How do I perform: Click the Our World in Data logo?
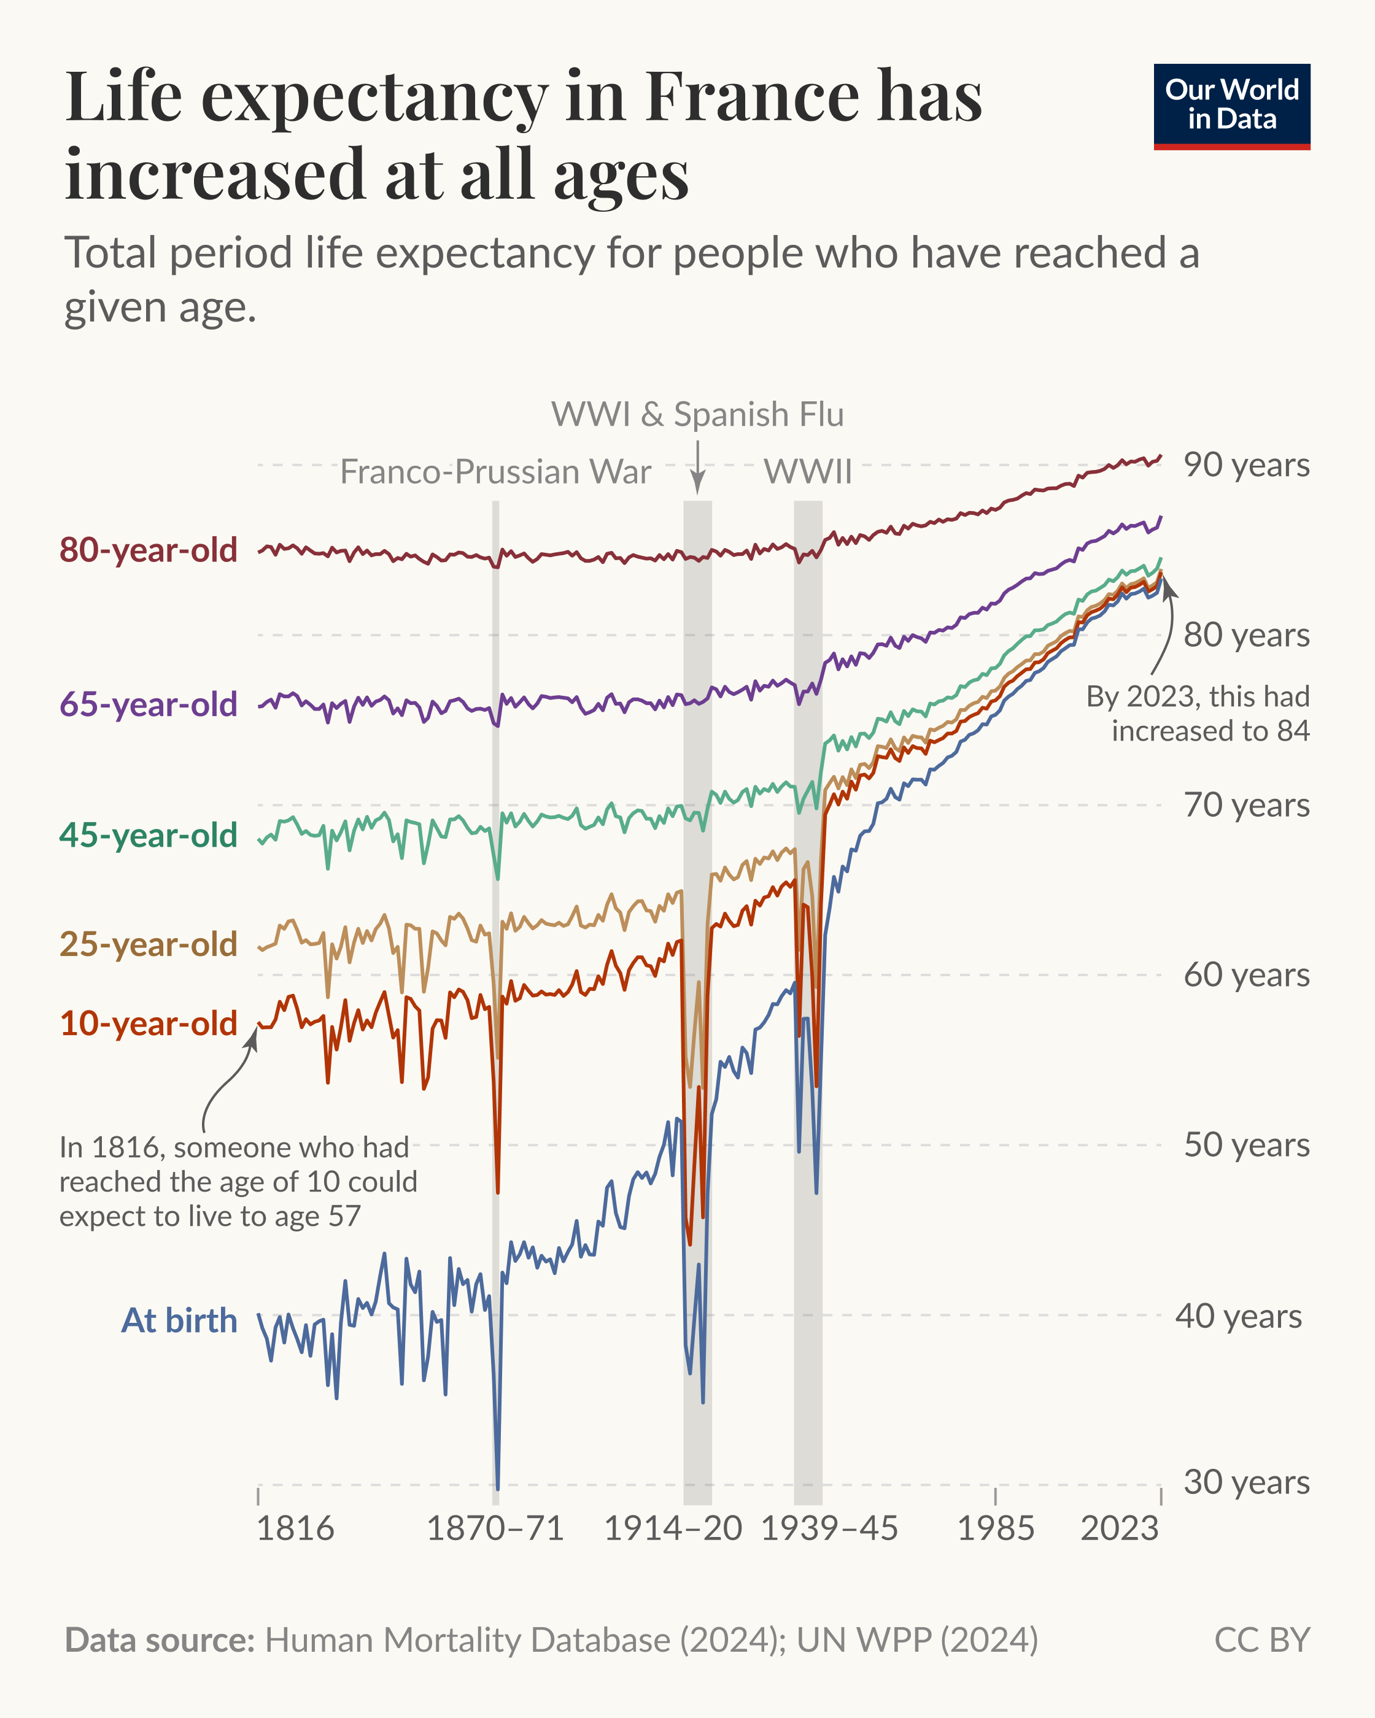[x=1231, y=106]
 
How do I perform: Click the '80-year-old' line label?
[x=149, y=550]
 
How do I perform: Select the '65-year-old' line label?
[x=149, y=705]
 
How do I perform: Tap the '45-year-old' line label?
[x=149, y=836]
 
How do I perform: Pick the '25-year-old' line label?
[x=149, y=944]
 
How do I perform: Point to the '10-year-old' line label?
[x=149, y=1024]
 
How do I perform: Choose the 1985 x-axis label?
[x=995, y=1528]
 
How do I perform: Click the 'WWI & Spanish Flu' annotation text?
[x=697, y=414]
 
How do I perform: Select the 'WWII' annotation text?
[x=807, y=472]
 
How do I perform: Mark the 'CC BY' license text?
[x=1262, y=1641]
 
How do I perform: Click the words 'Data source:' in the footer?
[x=160, y=1641]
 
